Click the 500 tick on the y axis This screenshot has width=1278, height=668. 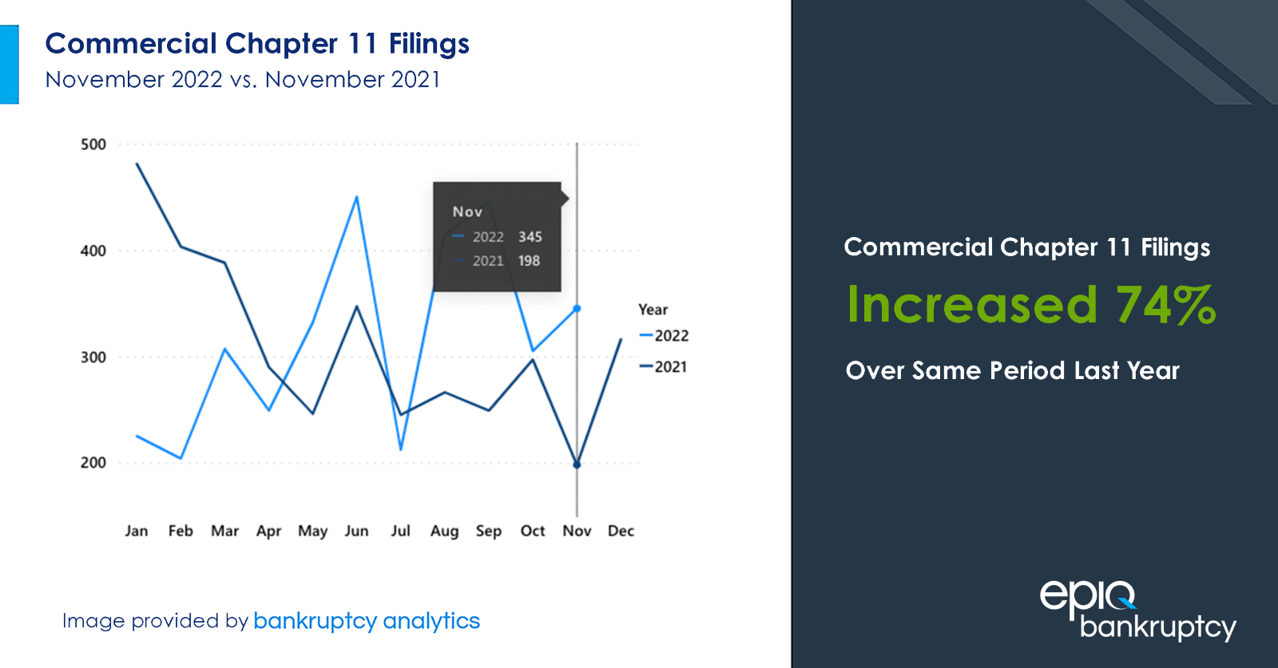tap(93, 144)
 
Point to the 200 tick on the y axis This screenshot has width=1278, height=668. tap(93, 463)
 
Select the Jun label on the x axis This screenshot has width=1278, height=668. tap(356, 531)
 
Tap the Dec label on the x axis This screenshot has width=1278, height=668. tap(621, 531)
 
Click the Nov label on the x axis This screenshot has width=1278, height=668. tap(577, 531)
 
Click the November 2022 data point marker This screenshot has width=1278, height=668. tap(577, 308)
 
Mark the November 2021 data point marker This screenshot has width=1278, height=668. tap(577, 464)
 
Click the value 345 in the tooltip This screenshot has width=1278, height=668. tap(530, 237)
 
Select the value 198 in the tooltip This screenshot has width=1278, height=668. tap(529, 261)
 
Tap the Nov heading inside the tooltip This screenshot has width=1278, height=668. tap(467, 212)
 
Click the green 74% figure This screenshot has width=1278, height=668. tap(1165, 306)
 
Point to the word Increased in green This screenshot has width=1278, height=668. tap(972, 306)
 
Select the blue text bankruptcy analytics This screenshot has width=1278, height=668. tap(367, 621)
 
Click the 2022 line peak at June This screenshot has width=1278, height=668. tap(356, 196)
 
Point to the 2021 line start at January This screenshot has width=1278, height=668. tap(137, 164)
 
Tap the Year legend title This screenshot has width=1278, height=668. tap(653, 310)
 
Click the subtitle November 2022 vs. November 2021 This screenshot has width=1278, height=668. tap(243, 80)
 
